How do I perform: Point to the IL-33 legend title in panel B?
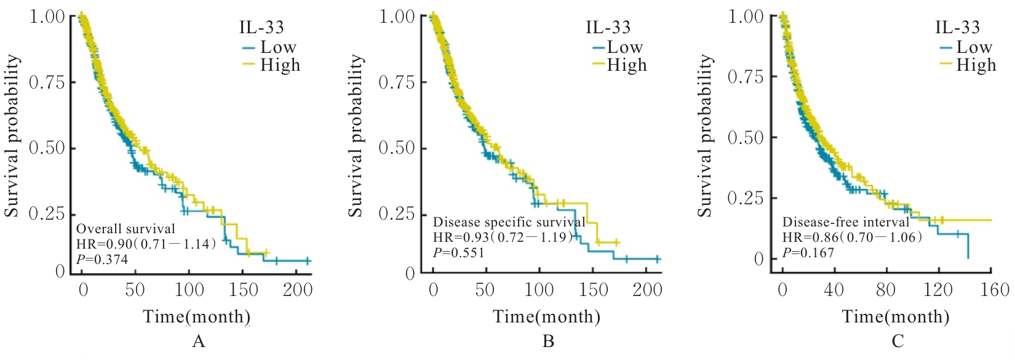pyautogui.click(x=608, y=27)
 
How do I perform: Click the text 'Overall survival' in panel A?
pyautogui.click(x=125, y=229)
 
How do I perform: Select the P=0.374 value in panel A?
pyautogui.click(x=102, y=260)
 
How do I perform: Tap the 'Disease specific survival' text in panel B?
pyautogui.click(x=509, y=222)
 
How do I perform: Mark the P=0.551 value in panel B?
pyautogui.click(x=459, y=252)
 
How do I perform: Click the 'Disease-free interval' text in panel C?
pyautogui.click(x=845, y=222)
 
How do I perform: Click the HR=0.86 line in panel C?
pyautogui.click(x=852, y=238)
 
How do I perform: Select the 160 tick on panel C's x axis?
pyautogui.click(x=991, y=289)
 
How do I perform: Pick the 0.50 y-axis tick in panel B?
pyautogui.click(x=397, y=148)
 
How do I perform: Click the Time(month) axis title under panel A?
pyautogui.click(x=197, y=317)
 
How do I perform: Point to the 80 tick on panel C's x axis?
pyautogui.click(x=886, y=289)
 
